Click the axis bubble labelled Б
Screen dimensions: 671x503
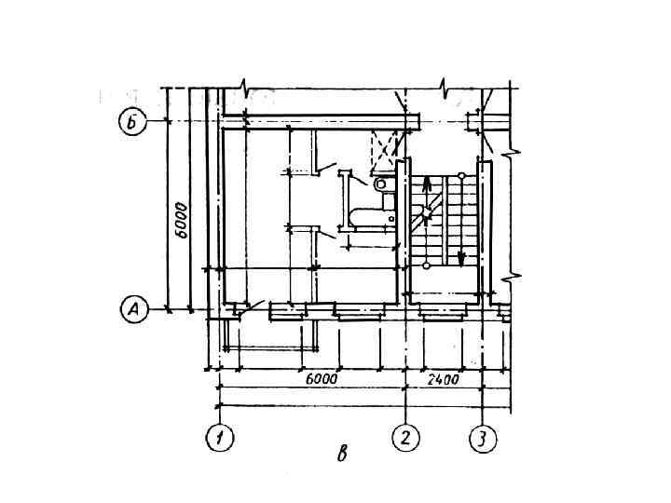pyautogui.click(x=132, y=121)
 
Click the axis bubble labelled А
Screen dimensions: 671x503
pyautogui.click(x=134, y=309)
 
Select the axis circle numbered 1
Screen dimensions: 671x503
pyautogui.click(x=220, y=438)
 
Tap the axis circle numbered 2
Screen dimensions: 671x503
pyautogui.click(x=405, y=438)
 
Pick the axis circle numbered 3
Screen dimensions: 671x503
pyautogui.click(x=483, y=438)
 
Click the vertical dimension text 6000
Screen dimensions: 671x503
pyautogui.click(x=182, y=220)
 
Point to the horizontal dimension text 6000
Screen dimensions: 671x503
pyautogui.click(x=322, y=378)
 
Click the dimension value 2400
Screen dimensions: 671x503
pyautogui.click(x=443, y=379)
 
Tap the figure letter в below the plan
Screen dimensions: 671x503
pyautogui.click(x=342, y=454)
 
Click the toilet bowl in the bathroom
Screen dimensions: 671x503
pyautogui.click(x=380, y=184)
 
